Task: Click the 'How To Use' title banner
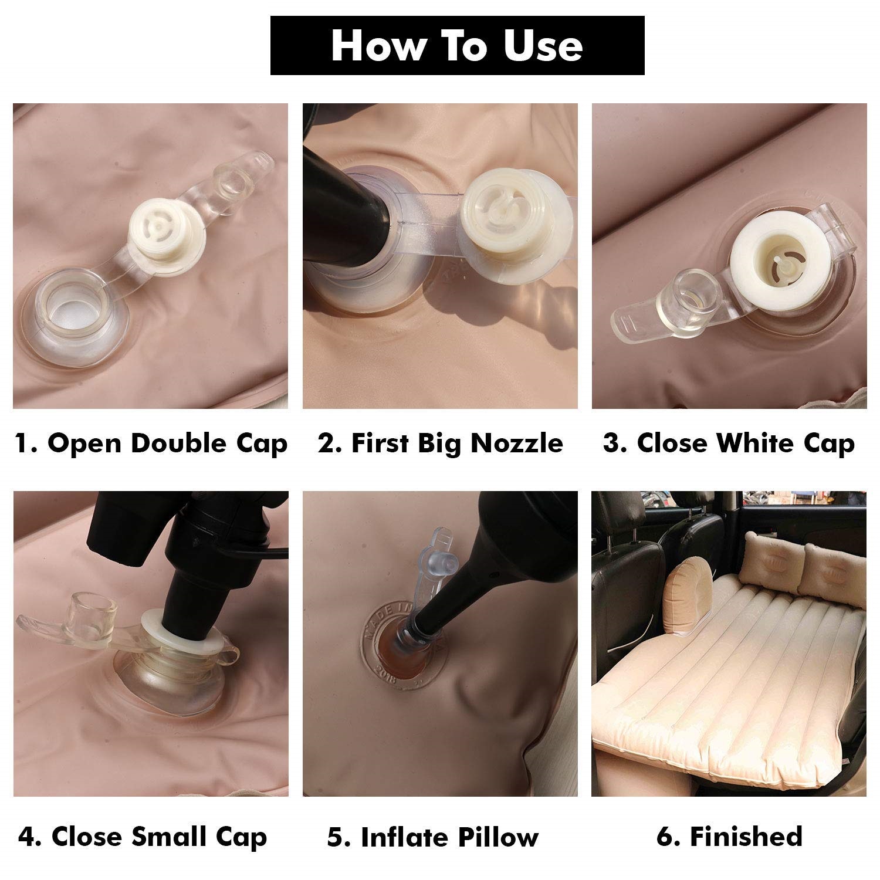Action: (x=457, y=46)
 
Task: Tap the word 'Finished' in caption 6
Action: (x=746, y=836)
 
